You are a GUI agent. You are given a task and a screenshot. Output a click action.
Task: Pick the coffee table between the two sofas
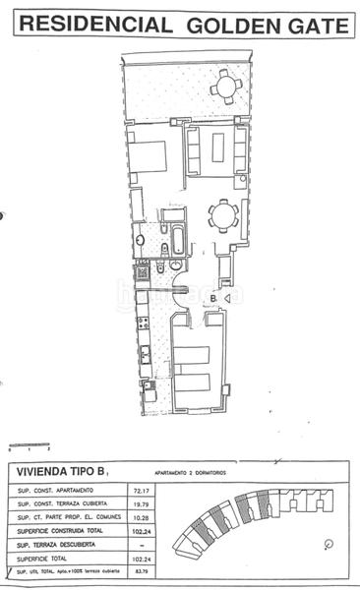click(210, 148)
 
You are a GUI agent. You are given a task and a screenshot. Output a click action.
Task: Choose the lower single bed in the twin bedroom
click(200, 383)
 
